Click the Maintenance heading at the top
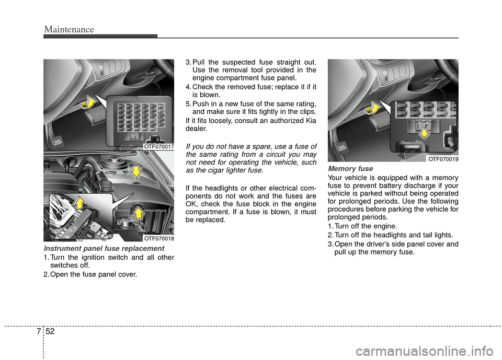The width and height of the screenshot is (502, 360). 69,29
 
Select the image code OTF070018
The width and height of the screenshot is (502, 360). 158,238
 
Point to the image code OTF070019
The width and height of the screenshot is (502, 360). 442,158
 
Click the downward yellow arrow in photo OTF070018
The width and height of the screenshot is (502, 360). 135,171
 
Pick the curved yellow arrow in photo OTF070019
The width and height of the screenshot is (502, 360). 372,108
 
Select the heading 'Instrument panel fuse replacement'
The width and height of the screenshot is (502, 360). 104,248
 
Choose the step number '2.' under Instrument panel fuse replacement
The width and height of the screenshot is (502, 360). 47,275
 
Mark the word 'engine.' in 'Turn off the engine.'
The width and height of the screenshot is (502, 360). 386,226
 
